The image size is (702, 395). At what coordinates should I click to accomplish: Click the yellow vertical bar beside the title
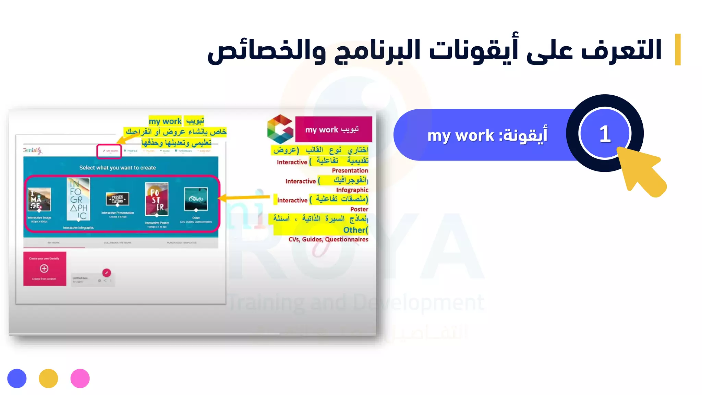pyautogui.click(x=678, y=49)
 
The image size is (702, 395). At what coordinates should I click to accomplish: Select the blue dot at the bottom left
pyautogui.click(x=17, y=379)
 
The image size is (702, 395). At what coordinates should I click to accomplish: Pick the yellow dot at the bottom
pyautogui.click(x=48, y=379)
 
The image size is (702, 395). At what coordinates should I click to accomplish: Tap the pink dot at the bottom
pyautogui.click(x=80, y=379)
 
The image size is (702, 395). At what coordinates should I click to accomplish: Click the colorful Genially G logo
pyautogui.click(x=280, y=129)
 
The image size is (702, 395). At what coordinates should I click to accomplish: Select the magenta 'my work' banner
pyautogui.click(x=333, y=129)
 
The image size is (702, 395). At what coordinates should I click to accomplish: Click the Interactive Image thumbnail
pyautogui.click(x=39, y=199)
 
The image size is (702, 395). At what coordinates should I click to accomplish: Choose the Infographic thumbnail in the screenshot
pyautogui.click(x=78, y=199)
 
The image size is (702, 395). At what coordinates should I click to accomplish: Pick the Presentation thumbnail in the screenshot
pyautogui.click(x=118, y=199)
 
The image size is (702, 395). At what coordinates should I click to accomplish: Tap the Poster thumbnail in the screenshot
pyautogui.click(x=157, y=199)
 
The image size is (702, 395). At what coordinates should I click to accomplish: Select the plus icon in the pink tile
pyautogui.click(x=44, y=268)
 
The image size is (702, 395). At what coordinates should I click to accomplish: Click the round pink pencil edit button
pyautogui.click(x=107, y=273)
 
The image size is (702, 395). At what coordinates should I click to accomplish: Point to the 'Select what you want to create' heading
pyautogui.click(x=118, y=168)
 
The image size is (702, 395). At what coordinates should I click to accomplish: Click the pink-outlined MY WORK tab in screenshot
pyautogui.click(x=109, y=151)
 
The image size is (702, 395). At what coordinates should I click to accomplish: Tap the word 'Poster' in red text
pyautogui.click(x=359, y=209)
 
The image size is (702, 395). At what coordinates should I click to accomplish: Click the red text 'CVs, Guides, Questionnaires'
pyautogui.click(x=328, y=239)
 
